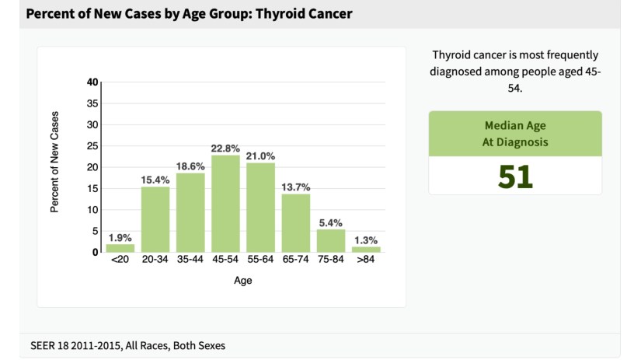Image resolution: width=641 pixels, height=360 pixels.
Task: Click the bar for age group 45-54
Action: click(225, 204)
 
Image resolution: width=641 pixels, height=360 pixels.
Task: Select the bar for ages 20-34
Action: click(155, 219)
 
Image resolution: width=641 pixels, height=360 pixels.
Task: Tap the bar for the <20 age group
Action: click(120, 248)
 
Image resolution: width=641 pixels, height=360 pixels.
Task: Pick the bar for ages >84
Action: click(366, 249)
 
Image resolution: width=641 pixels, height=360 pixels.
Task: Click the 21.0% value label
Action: click(260, 156)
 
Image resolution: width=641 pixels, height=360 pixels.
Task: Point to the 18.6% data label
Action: click(190, 166)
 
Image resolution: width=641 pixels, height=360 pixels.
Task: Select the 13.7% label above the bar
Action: click(296, 187)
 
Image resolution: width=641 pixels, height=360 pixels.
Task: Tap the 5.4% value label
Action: click(331, 222)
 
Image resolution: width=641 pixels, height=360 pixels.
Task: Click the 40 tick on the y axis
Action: click(92, 82)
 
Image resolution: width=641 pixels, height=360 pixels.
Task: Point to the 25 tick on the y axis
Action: click(92, 146)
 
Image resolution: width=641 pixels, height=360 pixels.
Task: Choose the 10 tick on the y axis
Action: click(92, 210)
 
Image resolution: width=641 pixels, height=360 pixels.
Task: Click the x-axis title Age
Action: click(242, 281)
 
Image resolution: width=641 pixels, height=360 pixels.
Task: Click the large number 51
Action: click(515, 177)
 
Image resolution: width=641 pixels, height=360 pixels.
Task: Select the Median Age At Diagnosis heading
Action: click(515, 134)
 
